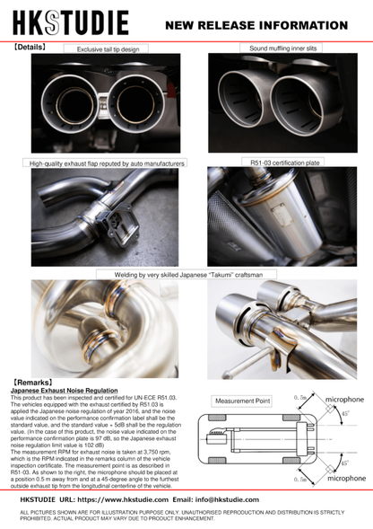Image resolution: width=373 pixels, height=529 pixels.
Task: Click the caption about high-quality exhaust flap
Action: coord(107,163)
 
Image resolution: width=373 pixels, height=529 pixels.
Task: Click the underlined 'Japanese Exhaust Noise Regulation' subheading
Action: coord(64,391)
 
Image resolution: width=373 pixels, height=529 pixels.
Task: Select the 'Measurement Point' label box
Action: coord(239,401)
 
